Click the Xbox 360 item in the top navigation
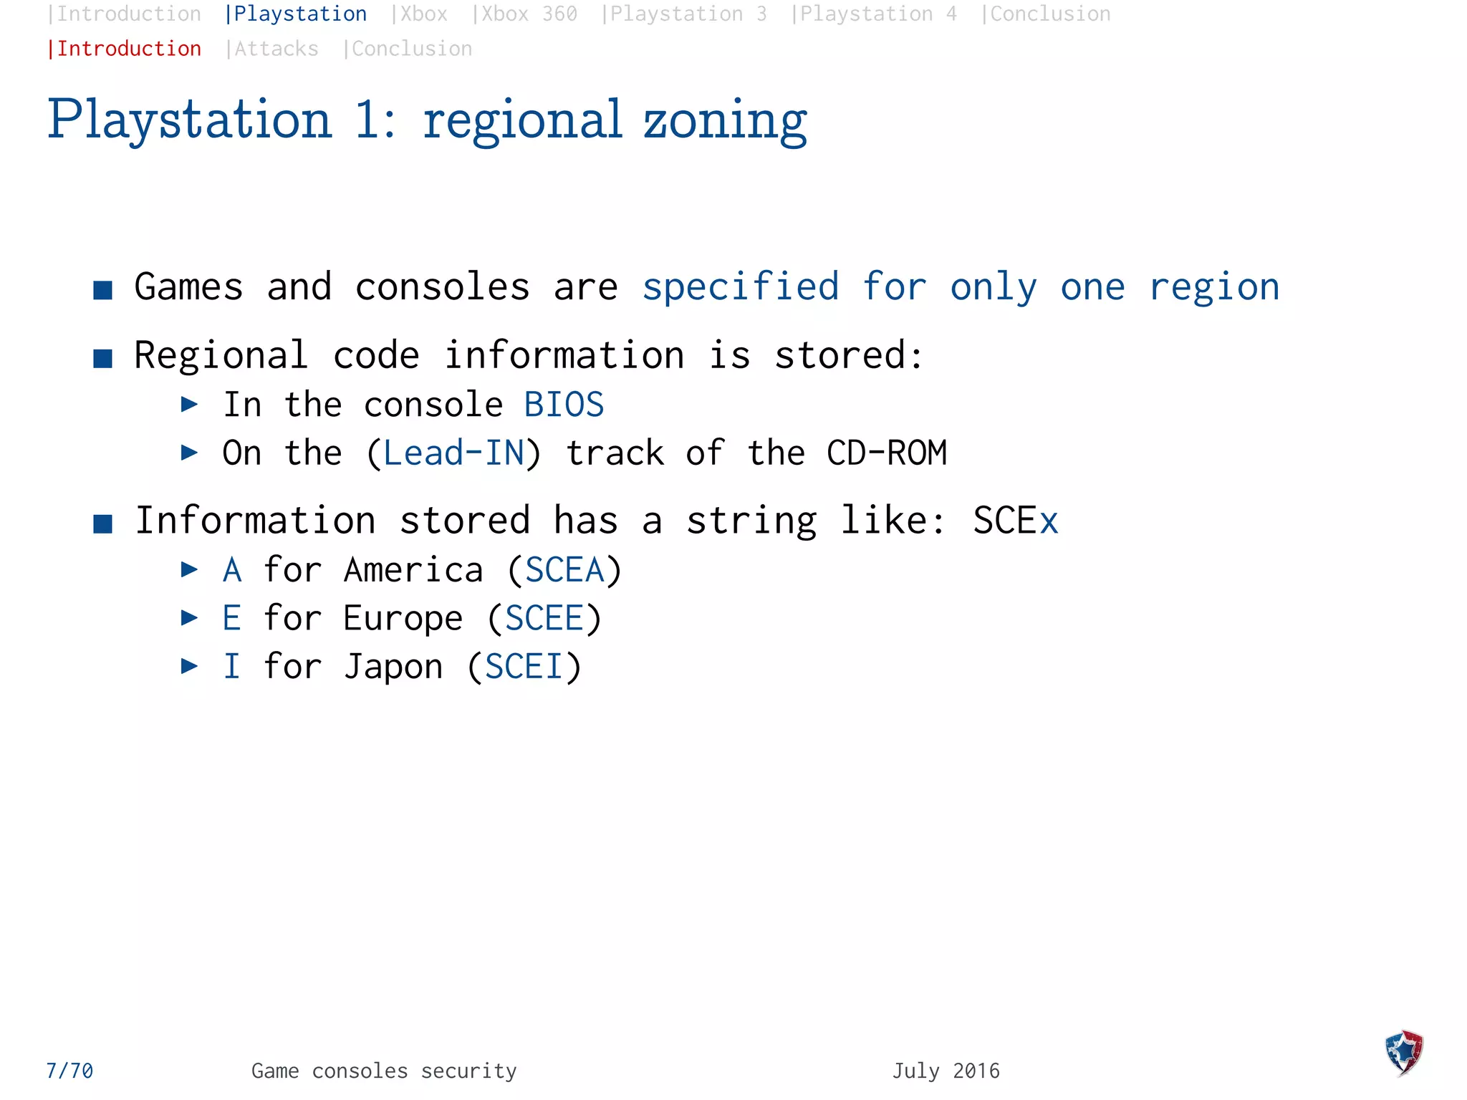[526, 14]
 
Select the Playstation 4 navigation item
[875, 14]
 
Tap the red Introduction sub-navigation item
[125, 49]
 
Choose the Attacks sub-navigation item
[273, 49]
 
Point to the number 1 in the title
[367, 120]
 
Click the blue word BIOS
[564, 405]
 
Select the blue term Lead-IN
[453, 453]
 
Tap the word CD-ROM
[886, 453]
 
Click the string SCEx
[1014, 520]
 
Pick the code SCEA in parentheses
[564, 570]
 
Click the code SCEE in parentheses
[544, 618]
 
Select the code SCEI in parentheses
[524, 667]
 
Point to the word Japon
[393, 667]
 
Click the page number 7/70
[69, 1071]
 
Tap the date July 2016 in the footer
[946, 1071]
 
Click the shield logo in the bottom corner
[1403, 1052]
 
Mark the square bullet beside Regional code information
[103, 358]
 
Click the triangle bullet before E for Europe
[189, 617]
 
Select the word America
[413, 570]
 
